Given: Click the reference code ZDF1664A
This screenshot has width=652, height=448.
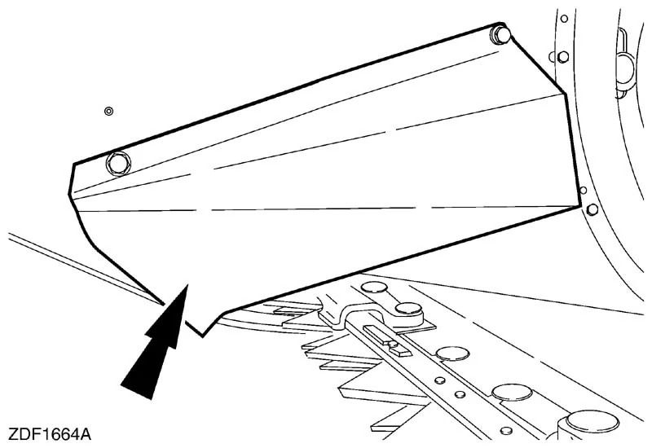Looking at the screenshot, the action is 50,435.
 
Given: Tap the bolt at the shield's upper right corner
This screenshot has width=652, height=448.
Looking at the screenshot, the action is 500,35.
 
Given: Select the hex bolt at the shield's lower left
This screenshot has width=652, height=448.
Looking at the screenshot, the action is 118,163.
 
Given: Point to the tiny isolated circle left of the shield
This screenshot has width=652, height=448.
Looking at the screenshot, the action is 108,112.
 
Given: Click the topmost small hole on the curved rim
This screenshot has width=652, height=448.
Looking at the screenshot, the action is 564,19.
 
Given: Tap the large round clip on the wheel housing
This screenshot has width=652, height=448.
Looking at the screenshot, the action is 624,68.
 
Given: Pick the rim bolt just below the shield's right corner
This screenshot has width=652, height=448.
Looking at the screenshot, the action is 593,209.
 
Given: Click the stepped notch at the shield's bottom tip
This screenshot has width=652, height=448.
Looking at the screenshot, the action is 202,329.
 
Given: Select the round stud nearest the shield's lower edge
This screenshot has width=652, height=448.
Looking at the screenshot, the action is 374,287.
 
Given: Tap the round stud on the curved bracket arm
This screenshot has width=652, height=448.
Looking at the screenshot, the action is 408,309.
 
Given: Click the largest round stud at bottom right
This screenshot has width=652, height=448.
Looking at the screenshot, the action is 593,421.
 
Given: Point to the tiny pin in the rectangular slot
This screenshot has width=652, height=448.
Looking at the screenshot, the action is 393,344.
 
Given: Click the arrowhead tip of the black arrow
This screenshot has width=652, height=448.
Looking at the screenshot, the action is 187,285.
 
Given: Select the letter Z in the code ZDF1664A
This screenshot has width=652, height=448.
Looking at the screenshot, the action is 13,435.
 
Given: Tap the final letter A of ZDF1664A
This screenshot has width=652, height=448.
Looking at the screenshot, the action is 85,435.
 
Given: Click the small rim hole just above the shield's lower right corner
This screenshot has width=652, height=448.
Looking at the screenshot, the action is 584,191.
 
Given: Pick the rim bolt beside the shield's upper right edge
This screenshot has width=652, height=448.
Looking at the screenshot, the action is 563,57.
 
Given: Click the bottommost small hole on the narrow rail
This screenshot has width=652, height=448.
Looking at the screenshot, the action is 505,431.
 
